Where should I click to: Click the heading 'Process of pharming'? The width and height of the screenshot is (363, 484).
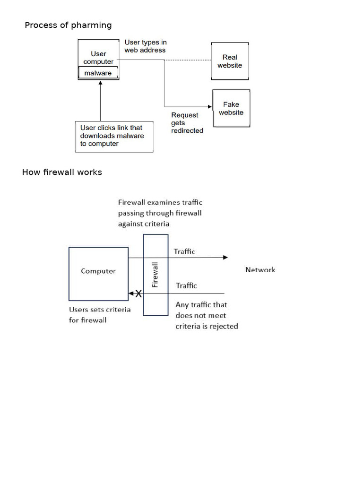pos(68,25)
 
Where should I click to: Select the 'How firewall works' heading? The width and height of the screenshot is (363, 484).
pos(62,172)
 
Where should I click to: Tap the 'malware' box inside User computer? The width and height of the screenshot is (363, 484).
pos(98,73)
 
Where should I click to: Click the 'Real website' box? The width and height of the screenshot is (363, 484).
pos(230,61)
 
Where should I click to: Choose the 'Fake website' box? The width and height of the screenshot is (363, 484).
pos(231,108)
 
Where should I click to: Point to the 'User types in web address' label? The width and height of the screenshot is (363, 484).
pos(145,46)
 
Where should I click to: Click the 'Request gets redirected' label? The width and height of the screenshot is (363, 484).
pos(187,123)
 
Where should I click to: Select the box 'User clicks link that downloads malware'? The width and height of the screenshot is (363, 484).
pos(114,136)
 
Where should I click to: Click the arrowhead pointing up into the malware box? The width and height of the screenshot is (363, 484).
pos(100,83)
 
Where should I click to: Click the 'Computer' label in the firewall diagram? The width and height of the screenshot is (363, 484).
pos(98,271)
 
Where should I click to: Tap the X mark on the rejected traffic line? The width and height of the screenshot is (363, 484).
pos(138,294)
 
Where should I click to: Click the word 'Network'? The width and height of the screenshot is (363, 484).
pos(260,270)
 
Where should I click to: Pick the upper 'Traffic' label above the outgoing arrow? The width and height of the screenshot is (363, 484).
pos(184,251)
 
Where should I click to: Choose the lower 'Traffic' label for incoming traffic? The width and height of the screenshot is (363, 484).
pos(186,285)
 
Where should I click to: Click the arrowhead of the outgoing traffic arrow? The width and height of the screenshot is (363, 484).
pos(225,258)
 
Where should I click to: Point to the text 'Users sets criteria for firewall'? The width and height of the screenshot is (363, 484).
pos(100,315)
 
